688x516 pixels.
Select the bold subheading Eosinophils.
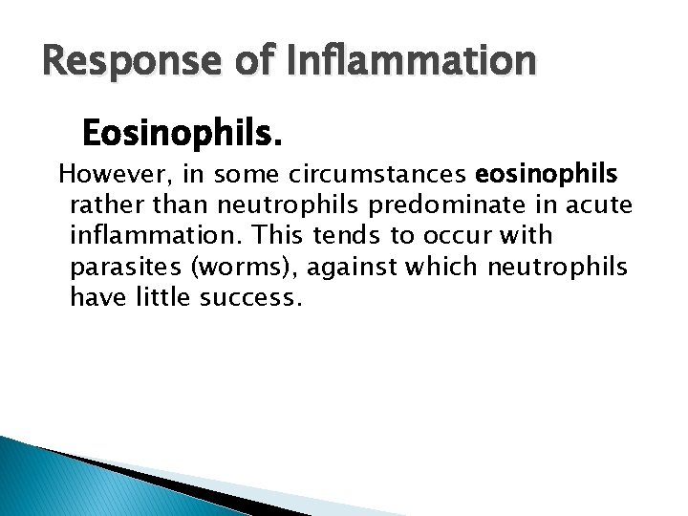183,134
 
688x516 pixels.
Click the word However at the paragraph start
102,176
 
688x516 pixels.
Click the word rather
103,205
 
